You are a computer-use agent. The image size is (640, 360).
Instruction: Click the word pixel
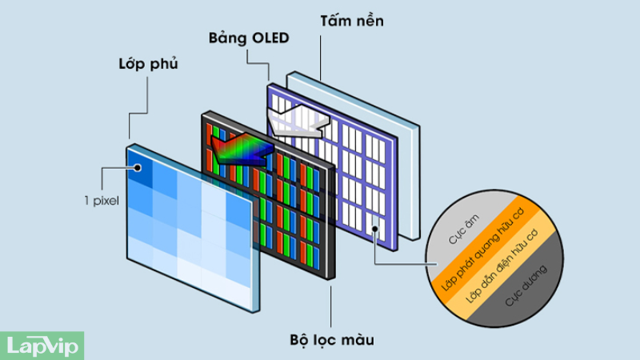[108, 201]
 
